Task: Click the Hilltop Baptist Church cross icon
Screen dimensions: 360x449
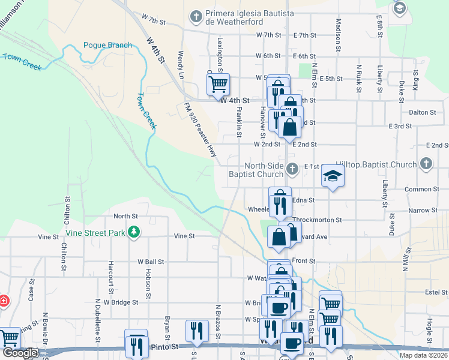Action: [x=426, y=164]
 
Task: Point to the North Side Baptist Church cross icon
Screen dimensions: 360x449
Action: [x=292, y=169]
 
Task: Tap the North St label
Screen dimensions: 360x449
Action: [x=125, y=216]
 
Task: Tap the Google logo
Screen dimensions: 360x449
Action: [x=20, y=352]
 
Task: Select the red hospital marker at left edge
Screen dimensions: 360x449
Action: [x=3, y=301]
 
